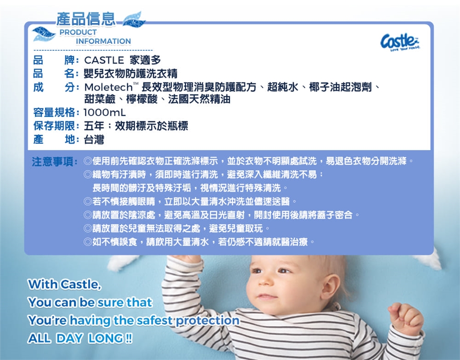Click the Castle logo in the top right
pos(400,41)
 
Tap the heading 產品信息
pos(86,19)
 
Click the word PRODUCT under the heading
pos(78,32)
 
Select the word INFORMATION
pos(103,41)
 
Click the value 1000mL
pos(105,112)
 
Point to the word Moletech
pos(109,87)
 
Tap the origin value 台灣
pos(94,139)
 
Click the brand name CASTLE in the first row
pos(104,60)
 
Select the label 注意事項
pos(53,161)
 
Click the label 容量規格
pos(54,112)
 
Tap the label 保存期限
pos(54,126)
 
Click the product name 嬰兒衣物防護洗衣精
pos(130,74)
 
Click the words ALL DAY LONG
pos(80,338)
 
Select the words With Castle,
pos(65,284)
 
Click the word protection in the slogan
pos(207,320)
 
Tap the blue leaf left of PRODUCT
pos(44,34)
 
